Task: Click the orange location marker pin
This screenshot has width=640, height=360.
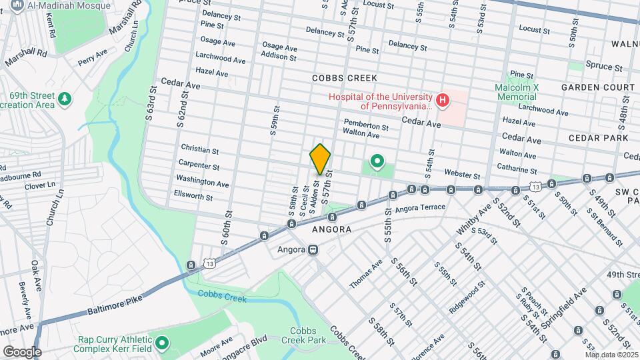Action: pyautogui.click(x=321, y=160)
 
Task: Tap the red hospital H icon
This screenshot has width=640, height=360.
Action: pyautogui.click(x=443, y=101)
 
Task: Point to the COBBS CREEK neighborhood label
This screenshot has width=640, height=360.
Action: pyautogui.click(x=340, y=78)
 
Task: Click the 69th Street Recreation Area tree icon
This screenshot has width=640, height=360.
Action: pyautogui.click(x=65, y=99)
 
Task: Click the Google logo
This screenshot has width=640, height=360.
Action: pyautogui.click(x=21, y=351)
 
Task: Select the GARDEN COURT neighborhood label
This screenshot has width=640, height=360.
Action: pyautogui.click(x=597, y=87)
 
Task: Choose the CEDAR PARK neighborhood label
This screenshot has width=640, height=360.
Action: pyautogui.click(x=598, y=137)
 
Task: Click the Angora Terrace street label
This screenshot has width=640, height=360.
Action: pyautogui.click(x=419, y=208)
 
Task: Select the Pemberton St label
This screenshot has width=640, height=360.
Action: pyautogui.click(x=366, y=125)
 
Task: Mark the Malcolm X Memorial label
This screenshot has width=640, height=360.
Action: pyautogui.click(x=517, y=93)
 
